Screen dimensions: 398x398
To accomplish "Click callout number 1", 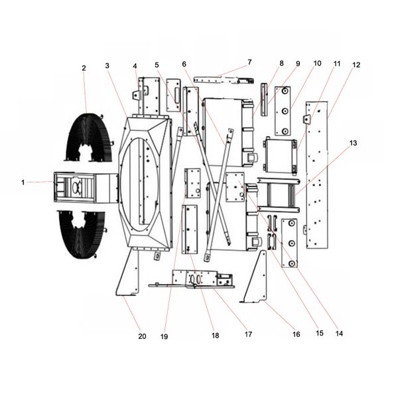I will point(24,182).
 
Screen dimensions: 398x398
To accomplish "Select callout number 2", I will point(84,68).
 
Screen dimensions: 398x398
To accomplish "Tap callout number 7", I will point(249,62).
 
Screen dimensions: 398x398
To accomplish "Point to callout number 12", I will point(356,65).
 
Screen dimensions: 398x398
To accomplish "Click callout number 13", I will point(353,143).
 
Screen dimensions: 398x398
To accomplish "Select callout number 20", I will point(141,336).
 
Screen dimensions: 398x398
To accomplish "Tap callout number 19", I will point(165,336).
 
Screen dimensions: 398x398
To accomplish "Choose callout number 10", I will point(317,64).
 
